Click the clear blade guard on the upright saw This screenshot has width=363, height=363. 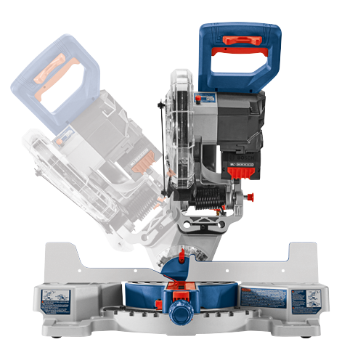[x=177, y=131]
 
